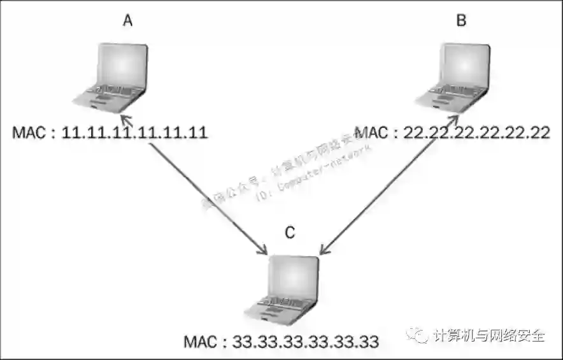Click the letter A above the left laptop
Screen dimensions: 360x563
tap(128, 21)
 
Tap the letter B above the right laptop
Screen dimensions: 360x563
tap(461, 21)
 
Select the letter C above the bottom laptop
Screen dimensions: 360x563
tap(290, 233)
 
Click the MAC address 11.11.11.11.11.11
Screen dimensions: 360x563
tap(136, 133)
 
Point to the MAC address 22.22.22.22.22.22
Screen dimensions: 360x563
tap(472, 133)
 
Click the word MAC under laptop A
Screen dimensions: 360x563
tap(29, 133)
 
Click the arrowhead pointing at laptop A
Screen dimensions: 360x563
tap(124, 119)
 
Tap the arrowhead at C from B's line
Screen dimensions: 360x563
tap(322, 251)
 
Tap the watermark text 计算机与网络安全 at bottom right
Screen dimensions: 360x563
tap(489, 335)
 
